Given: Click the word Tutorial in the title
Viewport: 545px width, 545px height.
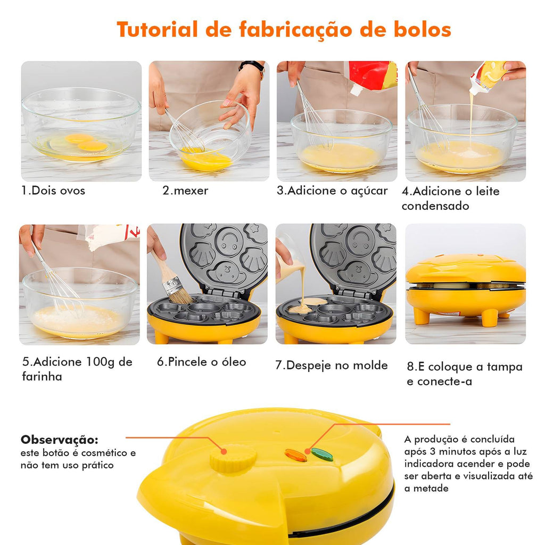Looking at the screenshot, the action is [157, 29].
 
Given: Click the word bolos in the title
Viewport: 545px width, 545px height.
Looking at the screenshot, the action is [422, 29].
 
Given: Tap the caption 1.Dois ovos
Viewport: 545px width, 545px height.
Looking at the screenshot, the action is [53, 191].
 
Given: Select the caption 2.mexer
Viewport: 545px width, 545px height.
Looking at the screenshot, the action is [185, 191].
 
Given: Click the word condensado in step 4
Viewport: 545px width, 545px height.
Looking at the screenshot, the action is [435, 206].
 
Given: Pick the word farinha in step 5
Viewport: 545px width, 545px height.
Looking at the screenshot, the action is [42, 376].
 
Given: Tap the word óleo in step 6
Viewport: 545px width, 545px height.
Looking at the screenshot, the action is [234, 361].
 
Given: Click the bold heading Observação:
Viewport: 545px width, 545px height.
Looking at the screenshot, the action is [60, 440].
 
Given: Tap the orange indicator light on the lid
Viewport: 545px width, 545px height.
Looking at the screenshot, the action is [296, 455].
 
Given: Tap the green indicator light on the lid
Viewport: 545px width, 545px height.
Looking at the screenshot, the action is [322, 455].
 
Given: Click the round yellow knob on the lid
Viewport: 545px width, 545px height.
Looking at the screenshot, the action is [233, 458].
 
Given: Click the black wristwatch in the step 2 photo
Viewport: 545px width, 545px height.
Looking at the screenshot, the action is [252, 66].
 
